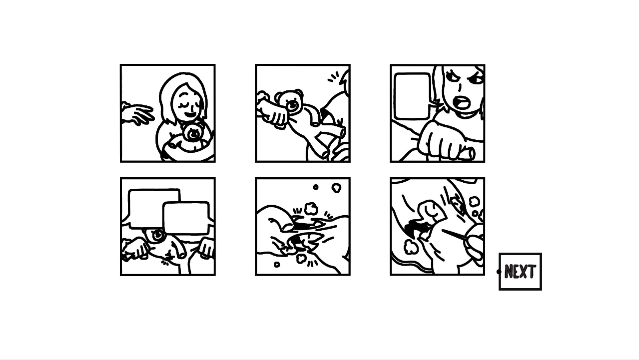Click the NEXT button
tap(520, 271)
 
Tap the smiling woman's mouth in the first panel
tap(190, 114)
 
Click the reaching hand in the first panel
tap(137, 114)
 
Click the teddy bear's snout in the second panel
tap(292, 105)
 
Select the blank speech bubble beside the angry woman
tap(413, 96)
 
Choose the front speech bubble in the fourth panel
tap(186, 218)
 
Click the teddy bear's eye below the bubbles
tap(157, 236)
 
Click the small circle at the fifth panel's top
tap(316, 187)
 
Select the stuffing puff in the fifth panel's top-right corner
tap(336, 188)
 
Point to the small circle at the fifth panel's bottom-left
tap(277, 265)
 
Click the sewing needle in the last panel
tap(455, 234)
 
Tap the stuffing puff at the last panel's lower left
tap(410, 247)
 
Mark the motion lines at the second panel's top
tap(333, 77)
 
